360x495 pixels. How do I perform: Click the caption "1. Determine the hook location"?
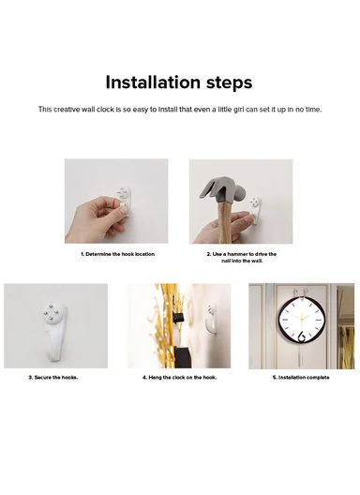117,254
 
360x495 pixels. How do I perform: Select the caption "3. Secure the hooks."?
52,378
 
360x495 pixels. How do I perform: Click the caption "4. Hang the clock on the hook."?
179,378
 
